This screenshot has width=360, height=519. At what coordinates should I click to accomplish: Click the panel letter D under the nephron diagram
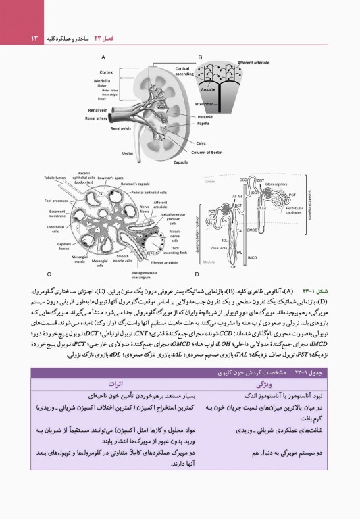[x=197, y=274]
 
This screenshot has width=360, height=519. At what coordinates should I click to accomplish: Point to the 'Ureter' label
[x=127, y=153]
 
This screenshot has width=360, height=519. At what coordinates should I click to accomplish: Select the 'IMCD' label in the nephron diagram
[x=251, y=257]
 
